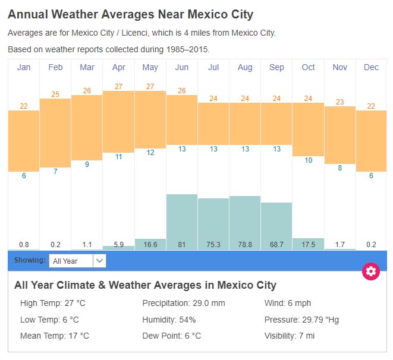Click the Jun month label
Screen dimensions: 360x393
click(182, 67)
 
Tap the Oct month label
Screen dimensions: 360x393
click(308, 67)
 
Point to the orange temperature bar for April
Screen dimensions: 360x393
click(118, 121)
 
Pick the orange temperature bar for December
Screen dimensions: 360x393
click(372, 141)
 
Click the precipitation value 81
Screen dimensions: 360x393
click(182, 244)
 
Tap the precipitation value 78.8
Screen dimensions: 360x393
click(245, 244)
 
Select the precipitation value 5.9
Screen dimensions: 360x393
click(118, 244)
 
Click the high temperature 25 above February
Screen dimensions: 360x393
click(55, 94)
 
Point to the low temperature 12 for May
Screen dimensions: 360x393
click(150, 153)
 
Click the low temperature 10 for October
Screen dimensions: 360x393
click(308, 160)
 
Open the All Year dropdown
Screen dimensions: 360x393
click(78, 261)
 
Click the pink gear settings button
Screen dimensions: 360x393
click(371, 271)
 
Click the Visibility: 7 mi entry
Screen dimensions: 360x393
click(289, 336)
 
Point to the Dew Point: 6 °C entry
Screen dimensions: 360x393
click(172, 336)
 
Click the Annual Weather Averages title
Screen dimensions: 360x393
click(130, 14)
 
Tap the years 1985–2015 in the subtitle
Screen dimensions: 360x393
click(187, 49)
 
